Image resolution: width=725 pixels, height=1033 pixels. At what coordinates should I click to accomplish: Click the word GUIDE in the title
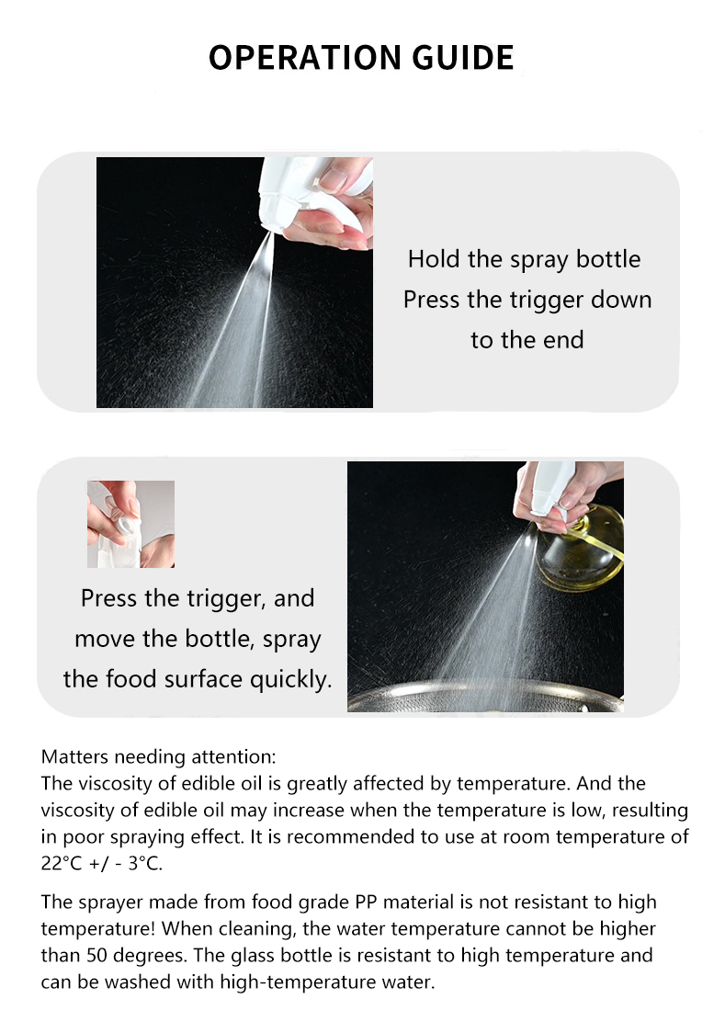[463, 58]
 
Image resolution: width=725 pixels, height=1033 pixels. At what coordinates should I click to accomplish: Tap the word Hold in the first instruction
[435, 259]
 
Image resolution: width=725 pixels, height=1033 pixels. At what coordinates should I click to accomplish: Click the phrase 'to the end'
[527, 340]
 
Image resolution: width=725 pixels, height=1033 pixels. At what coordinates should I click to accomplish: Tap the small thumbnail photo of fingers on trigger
[130, 524]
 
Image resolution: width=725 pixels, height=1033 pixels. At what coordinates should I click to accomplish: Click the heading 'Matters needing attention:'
[158, 756]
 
